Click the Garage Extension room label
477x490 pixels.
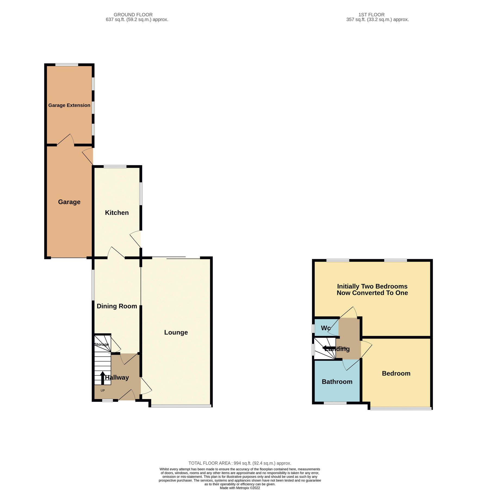point(69,105)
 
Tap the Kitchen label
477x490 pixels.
point(117,213)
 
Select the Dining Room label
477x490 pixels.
point(117,306)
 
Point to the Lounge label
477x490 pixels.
point(176,332)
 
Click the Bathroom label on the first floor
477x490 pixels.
point(337,382)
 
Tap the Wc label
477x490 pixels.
point(326,328)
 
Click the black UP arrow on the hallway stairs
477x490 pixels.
point(103,378)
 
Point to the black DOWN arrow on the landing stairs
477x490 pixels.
point(328,348)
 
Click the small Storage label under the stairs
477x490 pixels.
point(101,344)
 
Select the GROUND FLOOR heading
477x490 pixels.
point(133,15)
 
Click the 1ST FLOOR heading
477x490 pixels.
point(371,15)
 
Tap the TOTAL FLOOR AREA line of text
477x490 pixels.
point(240,463)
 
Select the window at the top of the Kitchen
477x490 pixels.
point(115,167)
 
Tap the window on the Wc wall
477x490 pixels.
point(313,328)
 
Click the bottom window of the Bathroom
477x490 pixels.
point(335,403)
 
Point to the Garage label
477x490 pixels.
point(69,202)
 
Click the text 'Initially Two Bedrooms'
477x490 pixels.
point(372,286)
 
